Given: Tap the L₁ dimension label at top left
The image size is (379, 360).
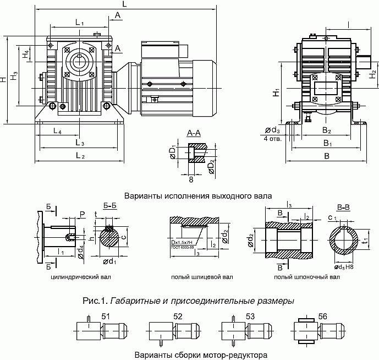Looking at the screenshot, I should pos(79,23).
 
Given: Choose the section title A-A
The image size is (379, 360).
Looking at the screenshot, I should pos(194,133).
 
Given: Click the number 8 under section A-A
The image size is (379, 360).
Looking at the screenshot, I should pos(191,179).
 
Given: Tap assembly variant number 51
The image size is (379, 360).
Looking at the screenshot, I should pos(106,316).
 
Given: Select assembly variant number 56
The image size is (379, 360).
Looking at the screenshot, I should pos(323,316).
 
